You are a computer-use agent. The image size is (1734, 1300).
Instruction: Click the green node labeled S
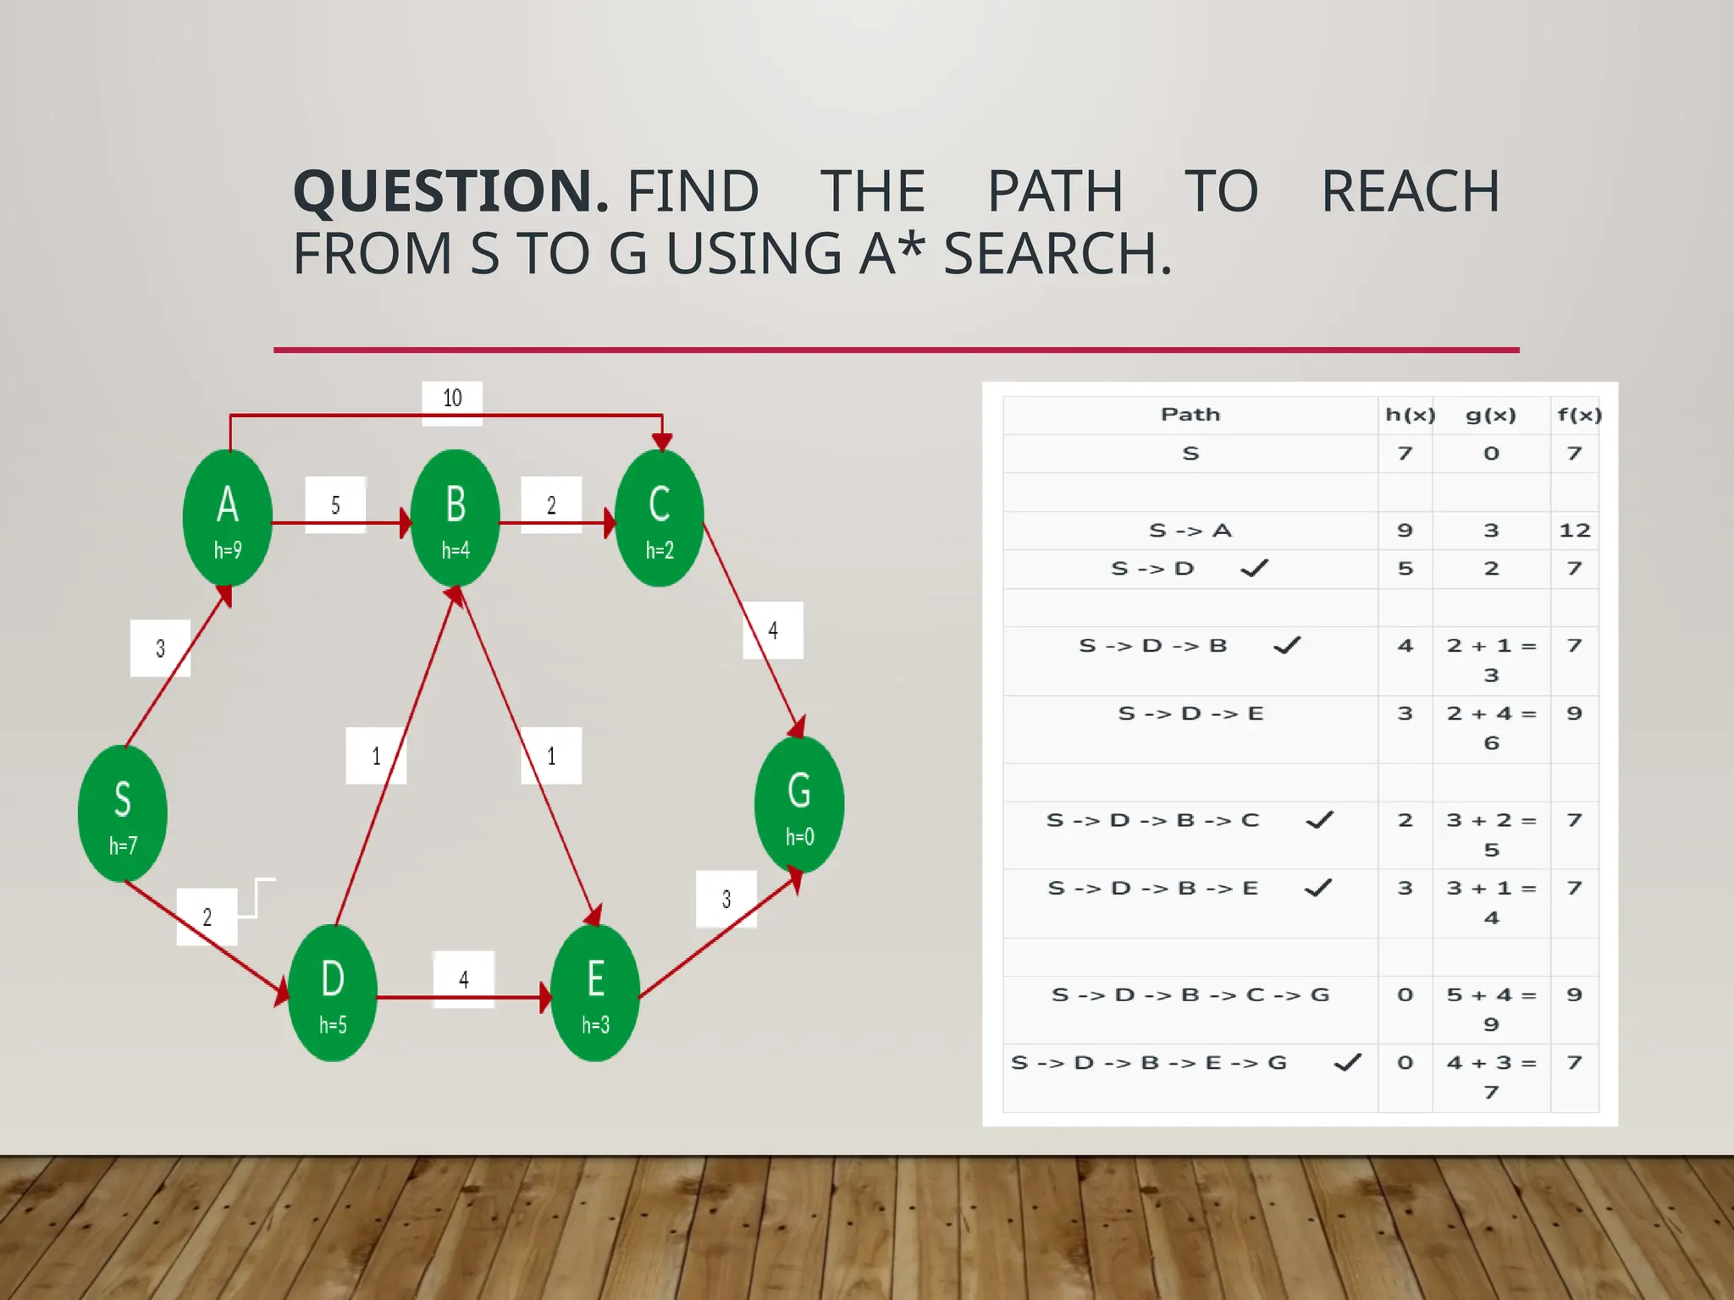click(122, 813)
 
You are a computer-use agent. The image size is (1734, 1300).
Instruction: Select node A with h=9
click(227, 518)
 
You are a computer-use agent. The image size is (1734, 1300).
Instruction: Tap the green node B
click(455, 518)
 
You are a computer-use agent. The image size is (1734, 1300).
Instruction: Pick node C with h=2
click(660, 518)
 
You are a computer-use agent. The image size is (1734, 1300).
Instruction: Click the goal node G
click(799, 805)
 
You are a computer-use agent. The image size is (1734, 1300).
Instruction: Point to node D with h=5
click(333, 993)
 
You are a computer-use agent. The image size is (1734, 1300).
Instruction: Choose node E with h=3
click(595, 993)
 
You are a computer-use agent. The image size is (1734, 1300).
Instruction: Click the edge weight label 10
click(452, 399)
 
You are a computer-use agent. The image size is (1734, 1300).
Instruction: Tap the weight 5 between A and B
click(335, 505)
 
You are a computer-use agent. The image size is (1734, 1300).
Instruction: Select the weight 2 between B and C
click(551, 505)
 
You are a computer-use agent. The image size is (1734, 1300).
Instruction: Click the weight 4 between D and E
click(463, 979)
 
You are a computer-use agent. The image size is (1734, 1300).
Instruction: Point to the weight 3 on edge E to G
click(726, 899)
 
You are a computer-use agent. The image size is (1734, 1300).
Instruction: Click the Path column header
click(1190, 415)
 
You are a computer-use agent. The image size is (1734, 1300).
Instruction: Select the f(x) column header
click(1579, 415)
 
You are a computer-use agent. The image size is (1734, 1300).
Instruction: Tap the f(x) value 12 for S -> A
click(1575, 531)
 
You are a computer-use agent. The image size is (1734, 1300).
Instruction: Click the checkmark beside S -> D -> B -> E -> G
click(1347, 1061)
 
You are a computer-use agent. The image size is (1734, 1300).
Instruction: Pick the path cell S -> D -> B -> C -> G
click(1190, 995)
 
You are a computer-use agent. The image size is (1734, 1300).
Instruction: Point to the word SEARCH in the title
click(1057, 254)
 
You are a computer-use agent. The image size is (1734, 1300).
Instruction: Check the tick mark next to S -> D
click(1254, 568)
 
